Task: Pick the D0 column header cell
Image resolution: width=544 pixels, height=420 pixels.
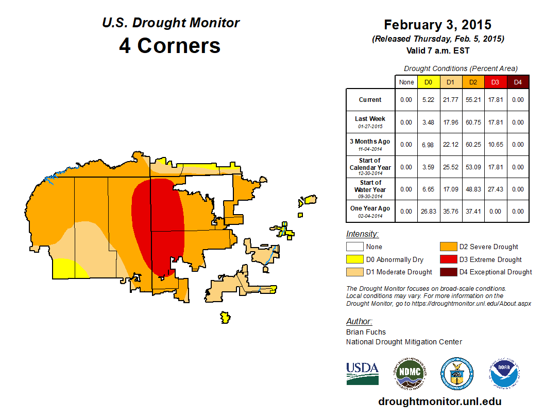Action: (x=429, y=82)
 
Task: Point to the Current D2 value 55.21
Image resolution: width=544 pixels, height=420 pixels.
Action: (x=473, y=100)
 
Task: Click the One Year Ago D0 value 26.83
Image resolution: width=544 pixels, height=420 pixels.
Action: (x=429, y=212)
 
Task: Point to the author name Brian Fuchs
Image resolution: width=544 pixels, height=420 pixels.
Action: (x=366, y=332)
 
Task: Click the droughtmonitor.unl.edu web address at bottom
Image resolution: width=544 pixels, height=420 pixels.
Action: (x=439, y=401)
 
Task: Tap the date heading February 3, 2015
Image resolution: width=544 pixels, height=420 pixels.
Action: (x=437, y=25)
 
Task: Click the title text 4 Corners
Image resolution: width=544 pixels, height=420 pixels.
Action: (x=169, y=46)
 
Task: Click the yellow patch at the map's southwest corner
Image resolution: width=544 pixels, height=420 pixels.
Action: (x=66, y=269)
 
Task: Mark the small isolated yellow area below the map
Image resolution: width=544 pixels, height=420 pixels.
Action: (x=225, y=317)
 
